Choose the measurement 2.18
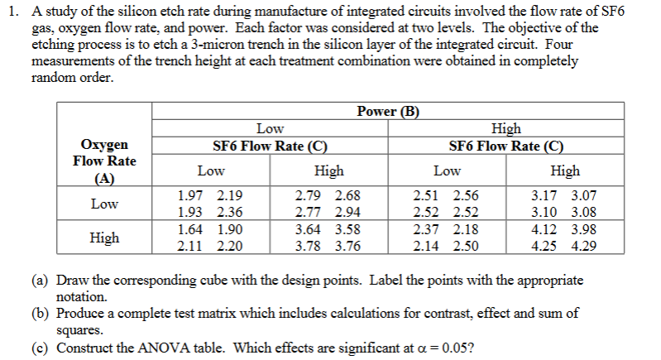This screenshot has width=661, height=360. pos(463,229)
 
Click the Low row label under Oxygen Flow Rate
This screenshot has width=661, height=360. pos(104,204)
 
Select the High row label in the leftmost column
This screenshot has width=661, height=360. pos(104,238)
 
